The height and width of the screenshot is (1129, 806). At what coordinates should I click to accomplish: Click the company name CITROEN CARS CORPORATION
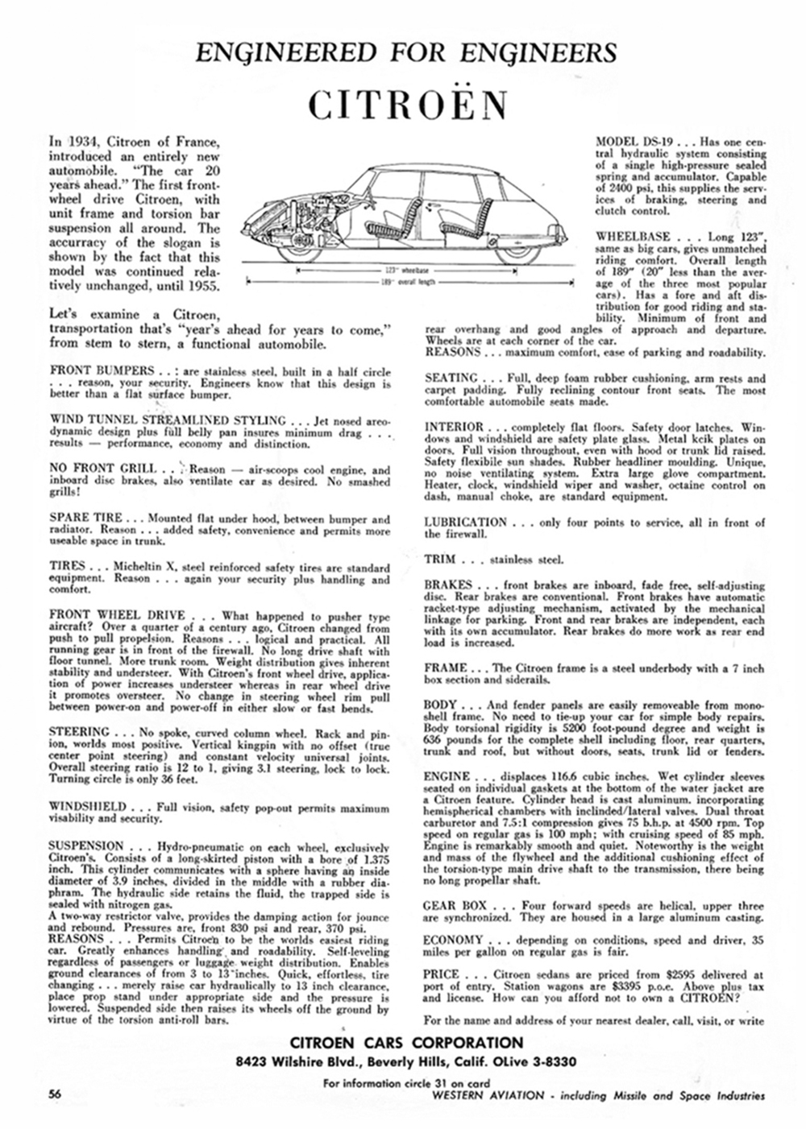[x=407, y=1043]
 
